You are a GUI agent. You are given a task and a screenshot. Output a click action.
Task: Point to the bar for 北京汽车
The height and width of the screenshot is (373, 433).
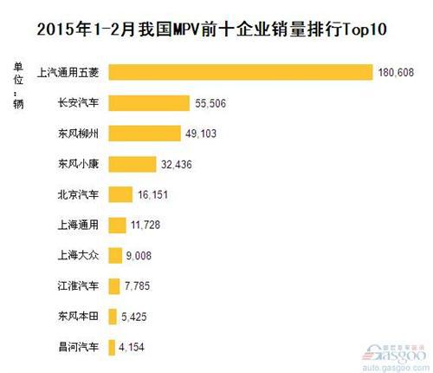[x=121, y=194]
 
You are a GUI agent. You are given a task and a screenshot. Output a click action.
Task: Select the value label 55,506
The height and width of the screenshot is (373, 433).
[x=210, y=103]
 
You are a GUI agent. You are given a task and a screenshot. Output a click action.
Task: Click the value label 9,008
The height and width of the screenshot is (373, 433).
[x=146, y=256]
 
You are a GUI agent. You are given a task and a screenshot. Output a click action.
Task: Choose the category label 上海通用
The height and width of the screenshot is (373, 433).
[x=77, y=226]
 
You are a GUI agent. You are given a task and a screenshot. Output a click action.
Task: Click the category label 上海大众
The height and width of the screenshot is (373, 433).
[x=77, y=256]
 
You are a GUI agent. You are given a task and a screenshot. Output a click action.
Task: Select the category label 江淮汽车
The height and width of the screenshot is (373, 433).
[x=77, y=286]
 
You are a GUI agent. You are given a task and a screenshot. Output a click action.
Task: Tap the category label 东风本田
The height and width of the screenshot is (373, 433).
[x=77, y=317]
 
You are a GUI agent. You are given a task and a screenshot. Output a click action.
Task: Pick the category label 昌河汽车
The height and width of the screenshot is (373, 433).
[x=77, y=348]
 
